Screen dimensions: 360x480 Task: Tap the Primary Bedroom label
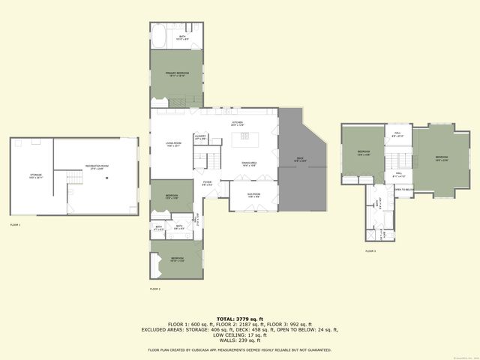click(177, 73)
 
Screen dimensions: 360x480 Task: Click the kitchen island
click(245, 138)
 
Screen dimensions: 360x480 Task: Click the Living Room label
click(174, 145)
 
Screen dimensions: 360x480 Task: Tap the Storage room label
click(35, 175)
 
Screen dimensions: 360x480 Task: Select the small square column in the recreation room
click(107, 178)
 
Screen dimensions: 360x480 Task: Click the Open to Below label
click(403, 190)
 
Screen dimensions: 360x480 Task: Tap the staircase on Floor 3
click(397, 160)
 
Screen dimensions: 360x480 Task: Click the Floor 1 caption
click(16, 224)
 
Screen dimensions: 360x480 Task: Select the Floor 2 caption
click(155, 288)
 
